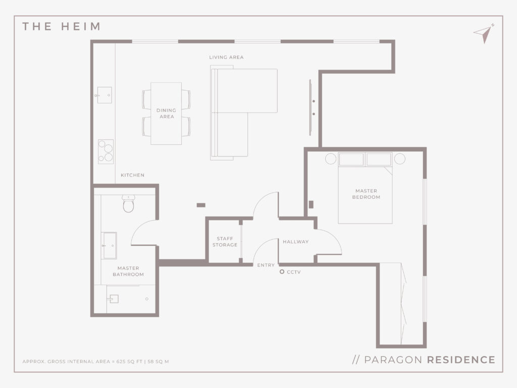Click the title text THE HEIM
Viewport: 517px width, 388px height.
(x=61, y=26)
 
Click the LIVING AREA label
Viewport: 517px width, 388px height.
(x=226, y=58)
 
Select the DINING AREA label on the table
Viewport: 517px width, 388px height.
(x=166, y=114)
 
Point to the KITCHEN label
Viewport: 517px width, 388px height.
(x=133, y=175)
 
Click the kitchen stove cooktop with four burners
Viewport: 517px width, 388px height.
(x=106, y=151)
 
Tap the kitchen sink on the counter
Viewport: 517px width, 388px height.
(x=105, y=95)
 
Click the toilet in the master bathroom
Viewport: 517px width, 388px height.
(x=128, y=203)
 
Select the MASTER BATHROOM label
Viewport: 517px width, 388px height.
(x=128, y=271)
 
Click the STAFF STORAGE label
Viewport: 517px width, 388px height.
(x=225, y=242)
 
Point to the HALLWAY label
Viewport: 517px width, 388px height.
(x=296, y=242)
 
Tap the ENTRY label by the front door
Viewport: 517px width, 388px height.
(x=266, y=265)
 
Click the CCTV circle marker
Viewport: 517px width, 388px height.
(x=282, y=272)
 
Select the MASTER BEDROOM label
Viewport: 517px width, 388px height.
(x=366, y=194)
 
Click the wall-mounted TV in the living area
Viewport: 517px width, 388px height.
(x=311, y=107)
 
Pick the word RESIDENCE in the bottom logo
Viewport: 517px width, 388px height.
(x=461, y=360)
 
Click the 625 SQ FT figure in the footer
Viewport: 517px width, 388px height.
(x=129, y=362)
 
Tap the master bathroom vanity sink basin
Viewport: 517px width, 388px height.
(x=109, y=246)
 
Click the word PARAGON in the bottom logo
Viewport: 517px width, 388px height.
(x=393, y=360)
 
